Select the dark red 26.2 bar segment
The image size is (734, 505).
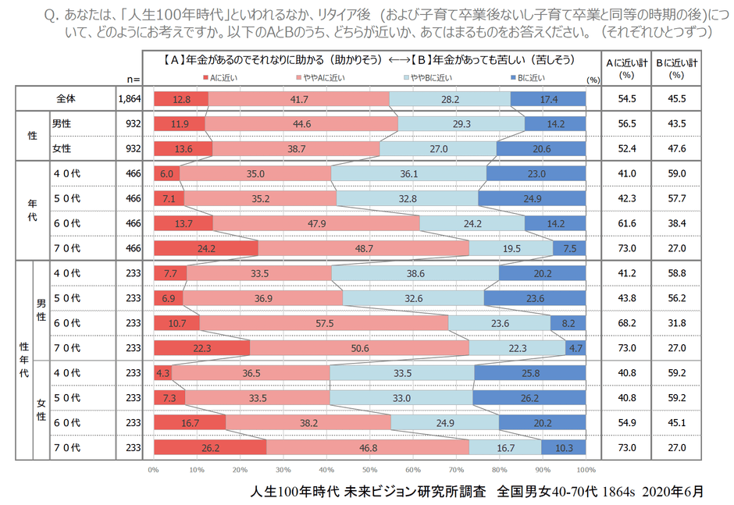pos(210,448)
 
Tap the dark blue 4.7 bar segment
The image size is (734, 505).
pos(575,348)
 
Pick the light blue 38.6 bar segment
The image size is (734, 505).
pos(415,273)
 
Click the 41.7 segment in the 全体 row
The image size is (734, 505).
pos(298,99)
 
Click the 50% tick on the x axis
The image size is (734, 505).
pos(370,470)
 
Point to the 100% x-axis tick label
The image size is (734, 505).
pos(585,470)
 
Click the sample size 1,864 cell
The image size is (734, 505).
pos(128,99)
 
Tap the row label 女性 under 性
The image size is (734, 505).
pos(62,149)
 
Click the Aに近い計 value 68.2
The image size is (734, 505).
pos(627,323)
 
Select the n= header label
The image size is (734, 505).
pos(132,78)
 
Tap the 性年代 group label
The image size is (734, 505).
pos(23,361)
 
